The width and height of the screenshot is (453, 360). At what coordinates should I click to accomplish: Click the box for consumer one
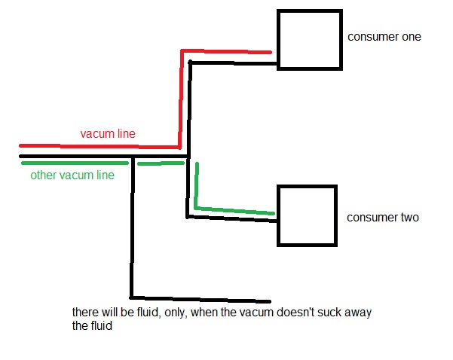pos(309,40)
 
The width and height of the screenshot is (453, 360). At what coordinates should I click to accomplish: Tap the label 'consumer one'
pos(384,36)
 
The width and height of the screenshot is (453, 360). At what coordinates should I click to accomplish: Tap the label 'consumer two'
pos(382,218)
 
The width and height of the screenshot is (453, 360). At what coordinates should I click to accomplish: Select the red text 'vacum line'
pos(108,133)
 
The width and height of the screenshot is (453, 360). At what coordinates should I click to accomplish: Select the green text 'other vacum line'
pos(72,175)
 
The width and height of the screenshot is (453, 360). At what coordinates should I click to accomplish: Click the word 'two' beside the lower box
pos(409,218)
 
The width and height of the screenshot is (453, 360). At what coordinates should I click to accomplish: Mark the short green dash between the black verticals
pos(161,163)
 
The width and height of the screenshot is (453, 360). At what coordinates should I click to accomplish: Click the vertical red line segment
pos(181,98)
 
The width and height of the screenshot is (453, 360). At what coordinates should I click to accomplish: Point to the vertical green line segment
pos(197,185)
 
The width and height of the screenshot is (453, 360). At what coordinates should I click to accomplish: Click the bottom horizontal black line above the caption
pos(200,298)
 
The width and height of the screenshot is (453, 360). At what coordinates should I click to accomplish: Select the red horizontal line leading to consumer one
pos(226,51)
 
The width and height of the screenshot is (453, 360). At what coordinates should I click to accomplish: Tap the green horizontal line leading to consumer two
pos(235,210)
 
